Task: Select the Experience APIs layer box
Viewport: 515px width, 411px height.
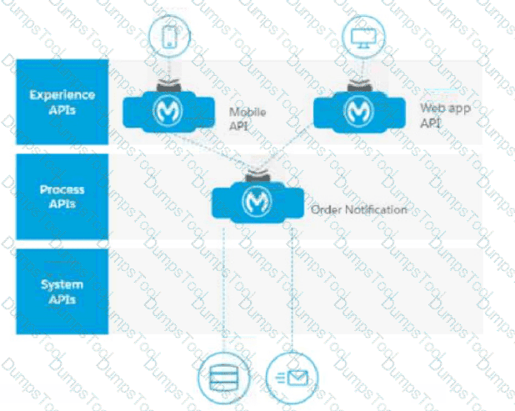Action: coord(62,103)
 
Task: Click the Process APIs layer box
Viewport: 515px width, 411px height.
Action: coord(62,196)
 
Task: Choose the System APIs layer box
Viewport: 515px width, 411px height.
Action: coord(62,291)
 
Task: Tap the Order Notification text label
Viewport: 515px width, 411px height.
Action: coord(358,209)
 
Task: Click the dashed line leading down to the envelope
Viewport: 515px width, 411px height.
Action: coord(292,292)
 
